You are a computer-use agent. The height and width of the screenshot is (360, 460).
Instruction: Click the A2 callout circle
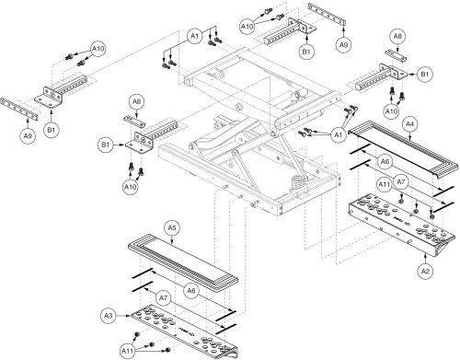click(425, 272)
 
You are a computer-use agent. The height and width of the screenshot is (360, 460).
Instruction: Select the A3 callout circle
click(109, 316)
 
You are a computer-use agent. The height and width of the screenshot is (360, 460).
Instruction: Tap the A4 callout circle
click(409, 124)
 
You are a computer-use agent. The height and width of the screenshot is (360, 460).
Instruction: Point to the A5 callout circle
click(172, 228)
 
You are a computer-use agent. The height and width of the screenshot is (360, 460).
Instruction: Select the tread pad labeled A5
click(183, 263)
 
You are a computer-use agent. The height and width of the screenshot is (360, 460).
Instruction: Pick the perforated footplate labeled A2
click(402, 225)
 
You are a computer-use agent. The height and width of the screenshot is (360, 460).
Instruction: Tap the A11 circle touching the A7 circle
click(384, 184)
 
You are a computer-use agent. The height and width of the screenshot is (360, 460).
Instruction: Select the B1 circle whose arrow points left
click(425, 75)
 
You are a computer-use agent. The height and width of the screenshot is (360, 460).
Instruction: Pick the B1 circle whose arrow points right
click(106, 145)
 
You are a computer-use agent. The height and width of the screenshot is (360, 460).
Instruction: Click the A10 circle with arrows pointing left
click(98, 49)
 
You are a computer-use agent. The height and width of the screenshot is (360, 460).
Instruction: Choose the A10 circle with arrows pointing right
click(247, 27)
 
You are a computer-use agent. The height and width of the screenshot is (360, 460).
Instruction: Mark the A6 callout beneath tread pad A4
click(385, 161)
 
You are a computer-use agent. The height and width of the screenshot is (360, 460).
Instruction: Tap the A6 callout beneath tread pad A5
click(191, 291)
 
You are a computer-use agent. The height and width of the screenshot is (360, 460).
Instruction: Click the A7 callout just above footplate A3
click(164, 298)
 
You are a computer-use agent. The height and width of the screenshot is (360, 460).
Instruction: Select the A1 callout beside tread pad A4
click(339, 135)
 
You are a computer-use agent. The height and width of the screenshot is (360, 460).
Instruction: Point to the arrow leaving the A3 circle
click(124, 316)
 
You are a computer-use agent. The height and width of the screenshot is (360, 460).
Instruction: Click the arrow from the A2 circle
click(425, 259)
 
